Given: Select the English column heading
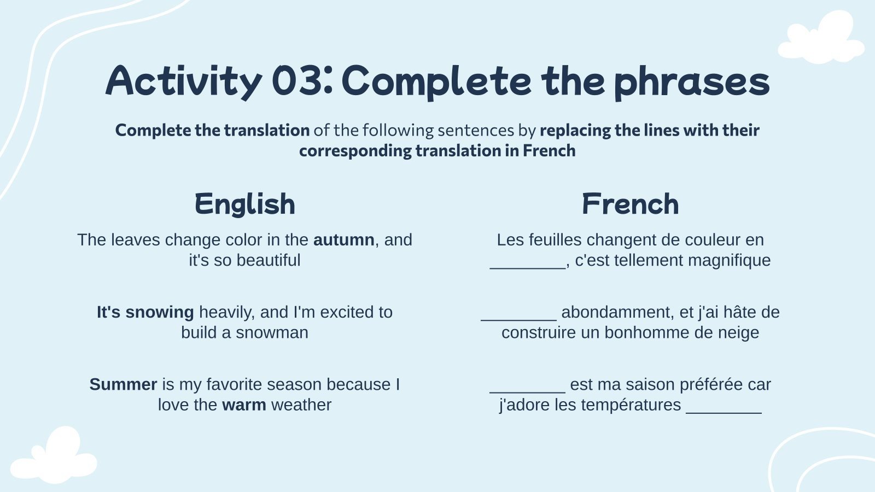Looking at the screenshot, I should pyautogui.click(x=244, y=204).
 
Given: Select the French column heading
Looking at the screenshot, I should pyautogui.click(x=630, y=204).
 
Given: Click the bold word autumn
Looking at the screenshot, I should pyautogui.click(x=343, y=240).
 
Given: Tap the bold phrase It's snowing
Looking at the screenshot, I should pyautogui.click(x=145, y=312).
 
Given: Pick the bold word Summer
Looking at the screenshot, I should pyautogui.click(x=123, y=384).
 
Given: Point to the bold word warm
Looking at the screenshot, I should pyautogui.click(x=244, y=405).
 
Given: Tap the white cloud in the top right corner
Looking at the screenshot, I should pyautogui.click(x=820, y=38).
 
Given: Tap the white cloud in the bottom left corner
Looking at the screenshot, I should pyautogui.click(x=55, y=458).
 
